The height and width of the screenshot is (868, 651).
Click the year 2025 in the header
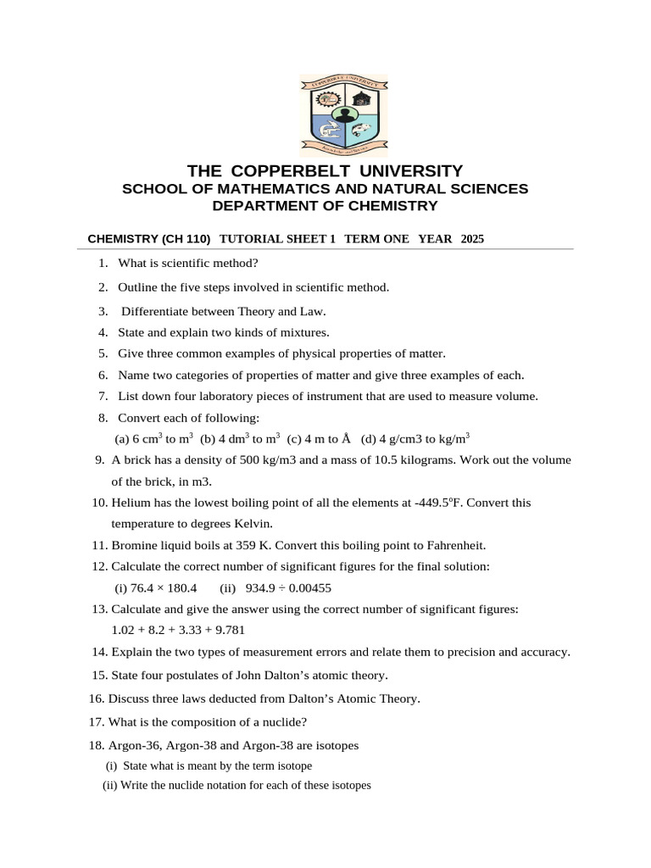(472, 240)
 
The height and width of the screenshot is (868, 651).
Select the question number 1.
(103, 263)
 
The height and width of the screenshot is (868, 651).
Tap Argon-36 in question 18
(133, 746)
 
